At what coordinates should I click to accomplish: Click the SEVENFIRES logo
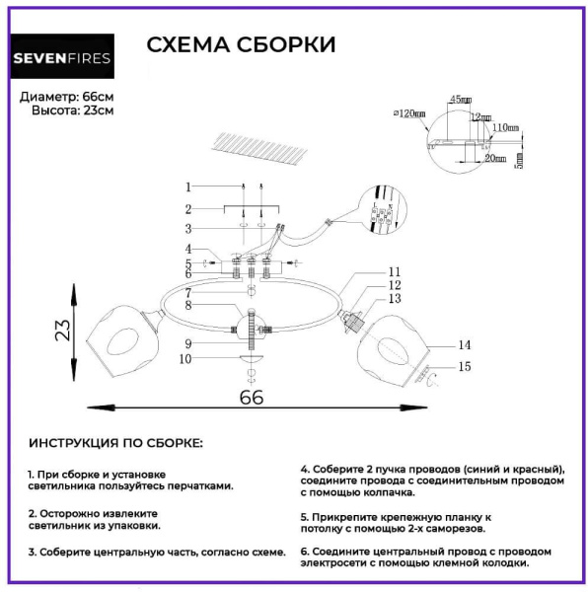pos(62,57)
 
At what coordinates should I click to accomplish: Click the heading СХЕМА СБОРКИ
pos(241,45)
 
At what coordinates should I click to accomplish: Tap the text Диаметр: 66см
pos(67,97)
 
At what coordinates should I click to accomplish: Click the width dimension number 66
pos(253,397)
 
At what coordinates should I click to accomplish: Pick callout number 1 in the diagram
pos(186,186)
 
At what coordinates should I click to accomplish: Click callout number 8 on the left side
pos(186,306)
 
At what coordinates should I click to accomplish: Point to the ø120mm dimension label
pos(408,114)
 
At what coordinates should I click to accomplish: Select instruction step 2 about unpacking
pos(94,520)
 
